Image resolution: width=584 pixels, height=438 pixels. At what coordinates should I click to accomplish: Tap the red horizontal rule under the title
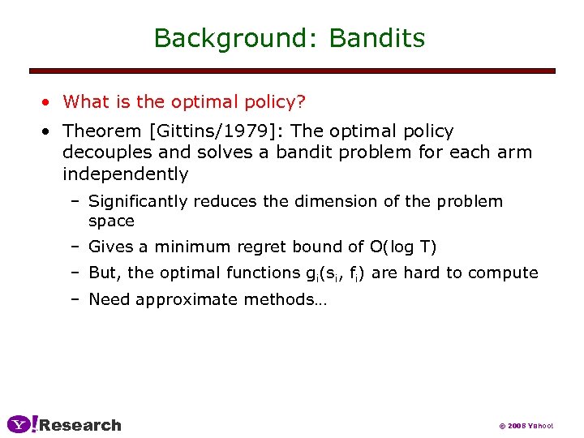click(292, 71)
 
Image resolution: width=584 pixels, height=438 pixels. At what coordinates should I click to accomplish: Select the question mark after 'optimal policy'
click(301, 101)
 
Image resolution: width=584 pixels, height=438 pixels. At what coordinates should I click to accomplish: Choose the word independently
click(125, 174)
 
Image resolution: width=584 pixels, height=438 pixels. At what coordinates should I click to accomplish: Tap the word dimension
click(341, 201)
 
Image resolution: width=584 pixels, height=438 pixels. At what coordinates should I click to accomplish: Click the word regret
click(248, 246)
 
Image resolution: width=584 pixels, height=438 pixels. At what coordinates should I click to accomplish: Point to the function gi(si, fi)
click(332, 273)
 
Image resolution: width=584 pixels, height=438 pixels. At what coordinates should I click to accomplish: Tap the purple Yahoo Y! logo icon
click(22, 423)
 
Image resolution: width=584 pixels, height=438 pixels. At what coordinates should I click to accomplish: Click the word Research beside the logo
click(80, 425)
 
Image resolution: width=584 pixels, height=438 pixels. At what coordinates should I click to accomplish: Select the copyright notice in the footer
click(525, 425)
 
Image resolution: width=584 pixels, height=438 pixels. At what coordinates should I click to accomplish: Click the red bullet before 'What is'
click(49, 102)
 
